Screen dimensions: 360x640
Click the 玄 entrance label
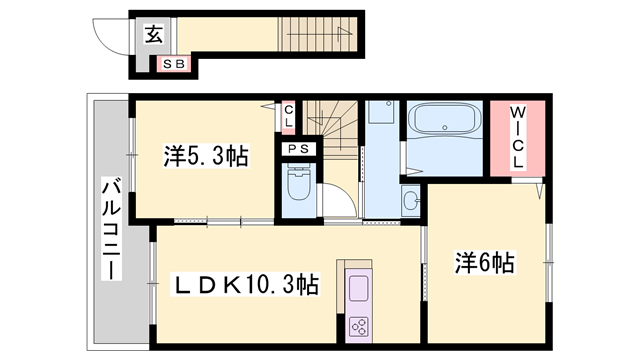[153, 35]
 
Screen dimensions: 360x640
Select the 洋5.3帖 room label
[206, 157]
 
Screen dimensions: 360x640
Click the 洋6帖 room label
[486, 263]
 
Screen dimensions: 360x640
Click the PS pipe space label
[298, 150]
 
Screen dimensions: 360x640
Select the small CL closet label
[289, 116]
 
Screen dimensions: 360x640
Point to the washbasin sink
[411, 201]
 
